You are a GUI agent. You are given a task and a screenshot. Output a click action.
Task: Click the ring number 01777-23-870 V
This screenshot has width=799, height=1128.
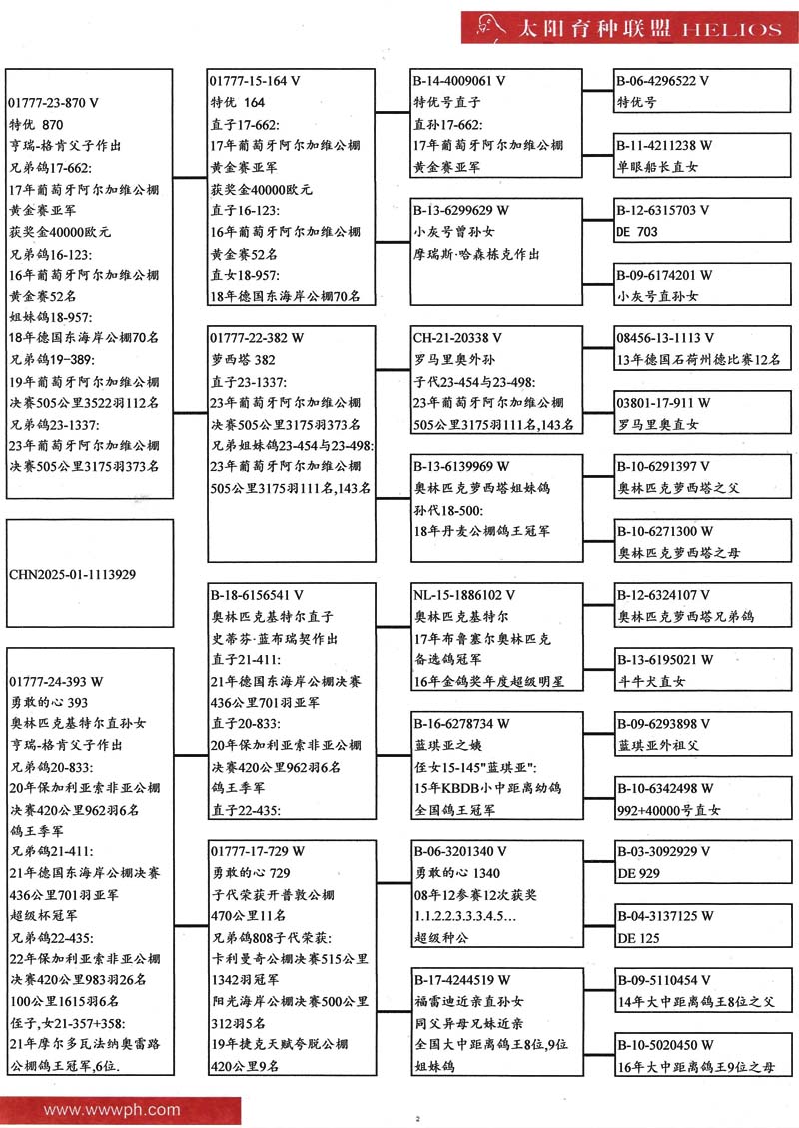pos(54,103)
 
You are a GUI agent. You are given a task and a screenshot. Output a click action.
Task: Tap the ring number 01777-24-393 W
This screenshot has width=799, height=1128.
pos(56,682)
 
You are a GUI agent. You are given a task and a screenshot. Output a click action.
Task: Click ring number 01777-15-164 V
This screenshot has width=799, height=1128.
pos(256,81)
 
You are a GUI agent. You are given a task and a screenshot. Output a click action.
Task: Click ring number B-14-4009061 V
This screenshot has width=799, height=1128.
pos(459,81)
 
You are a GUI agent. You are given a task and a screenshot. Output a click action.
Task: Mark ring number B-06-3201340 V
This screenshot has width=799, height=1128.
pos(460,852)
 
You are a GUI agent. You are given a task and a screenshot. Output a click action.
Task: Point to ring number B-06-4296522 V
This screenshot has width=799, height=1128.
pos(663,81)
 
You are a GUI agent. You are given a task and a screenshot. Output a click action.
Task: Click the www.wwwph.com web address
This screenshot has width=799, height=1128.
pos(112,1109)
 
